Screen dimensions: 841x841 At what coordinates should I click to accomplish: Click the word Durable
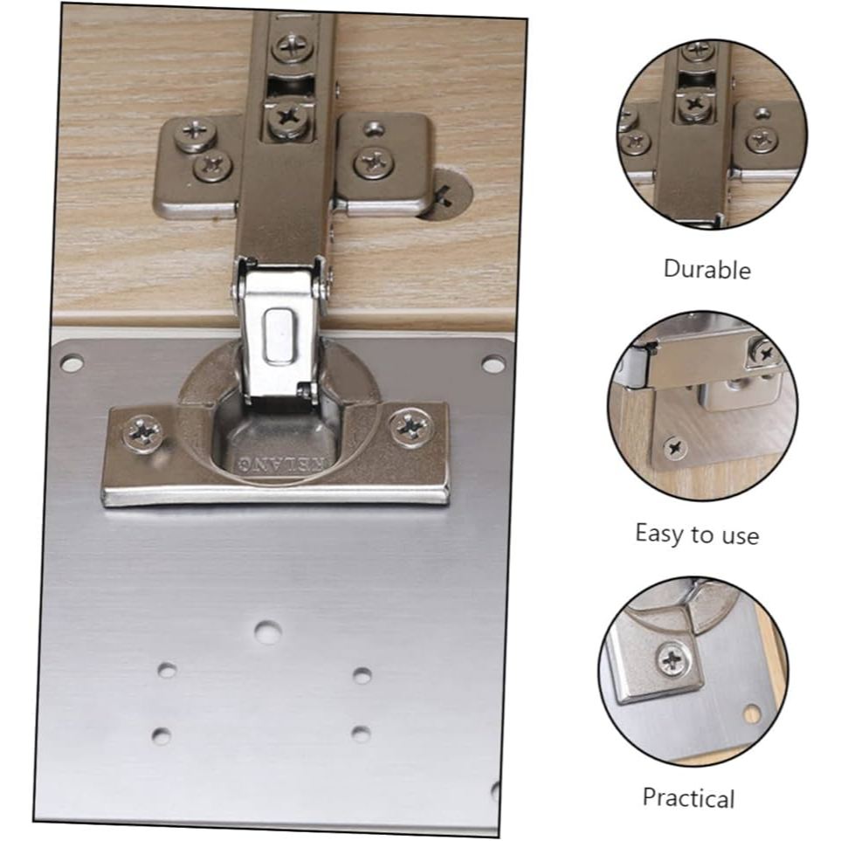click(707, 269)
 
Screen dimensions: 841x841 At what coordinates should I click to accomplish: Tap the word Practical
click(688, 797)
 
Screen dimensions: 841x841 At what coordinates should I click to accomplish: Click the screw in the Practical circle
click(672, 659)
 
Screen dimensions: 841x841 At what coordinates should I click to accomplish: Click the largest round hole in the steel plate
click(267, 631)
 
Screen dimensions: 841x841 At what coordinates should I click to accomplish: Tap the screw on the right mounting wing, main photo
click(375, 162)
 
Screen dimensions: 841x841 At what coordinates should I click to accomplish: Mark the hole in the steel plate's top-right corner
click(493, 363)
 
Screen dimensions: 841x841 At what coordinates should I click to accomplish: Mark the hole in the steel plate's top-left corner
click(72, 362)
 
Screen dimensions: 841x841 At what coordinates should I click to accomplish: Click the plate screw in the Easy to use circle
click(674, 449)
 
